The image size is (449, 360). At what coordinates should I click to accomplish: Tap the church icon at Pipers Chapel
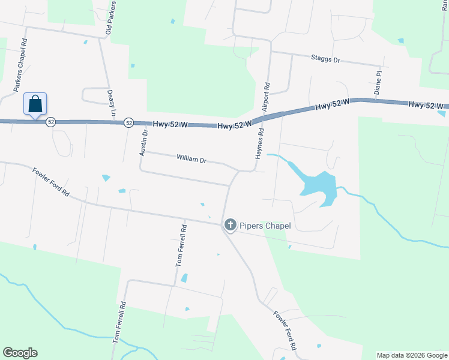coord(229,225)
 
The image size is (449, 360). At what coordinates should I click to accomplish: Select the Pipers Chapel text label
coord(265,226)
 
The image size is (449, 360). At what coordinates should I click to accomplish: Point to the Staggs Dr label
coord(325,60)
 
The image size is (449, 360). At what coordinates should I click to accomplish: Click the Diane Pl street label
coord(378,83)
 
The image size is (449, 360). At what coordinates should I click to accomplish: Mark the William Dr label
coord(191,160)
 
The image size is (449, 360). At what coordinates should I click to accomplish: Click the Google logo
coord(20,353)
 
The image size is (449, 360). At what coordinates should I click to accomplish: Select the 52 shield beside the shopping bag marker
coord(50,122)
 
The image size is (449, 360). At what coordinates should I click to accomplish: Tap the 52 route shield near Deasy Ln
coord(128,122)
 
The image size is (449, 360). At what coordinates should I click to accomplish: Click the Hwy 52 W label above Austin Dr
coord(170,124)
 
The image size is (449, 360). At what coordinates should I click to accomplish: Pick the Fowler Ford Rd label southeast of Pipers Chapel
coord(285,330)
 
